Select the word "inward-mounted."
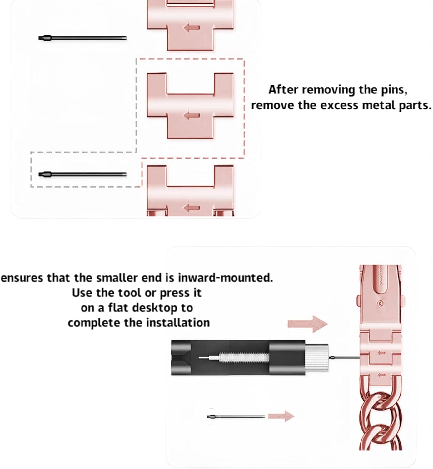(225, 277)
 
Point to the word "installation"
(178, 323)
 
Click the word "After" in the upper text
(283, 90)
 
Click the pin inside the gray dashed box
(82, 174)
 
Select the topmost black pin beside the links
(82, 38)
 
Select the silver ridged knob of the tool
(316, 357)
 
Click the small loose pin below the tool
(236, 416)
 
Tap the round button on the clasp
(380, 303)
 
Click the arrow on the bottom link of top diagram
(191, 208)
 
